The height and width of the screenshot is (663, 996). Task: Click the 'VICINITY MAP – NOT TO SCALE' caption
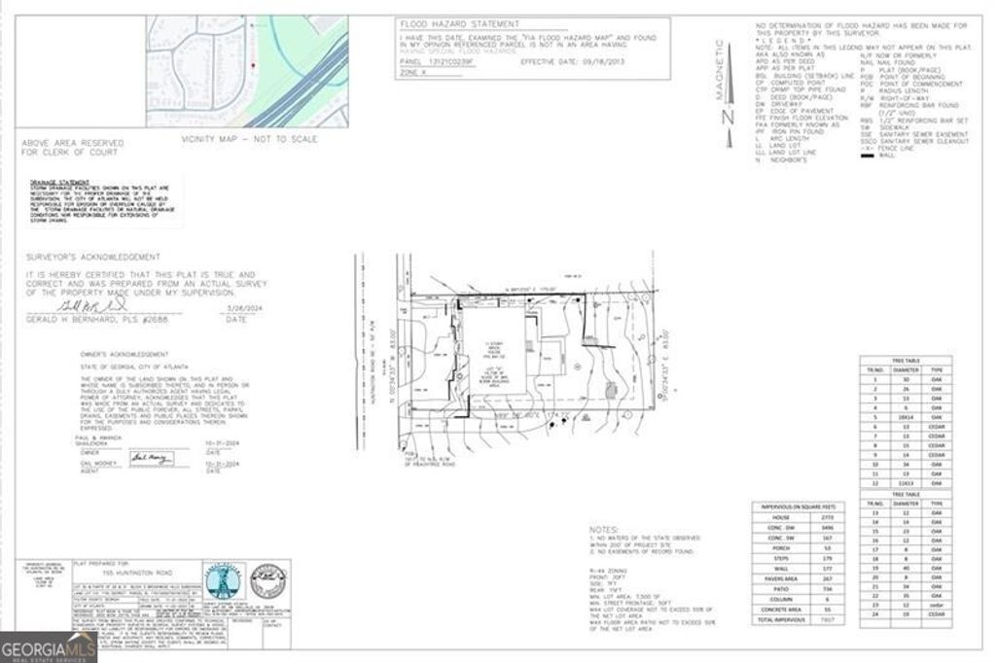click(x=250, y=140)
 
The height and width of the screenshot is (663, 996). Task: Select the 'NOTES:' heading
click(x=604, y=531)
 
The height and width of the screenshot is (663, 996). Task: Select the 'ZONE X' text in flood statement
click(x=415, y=72)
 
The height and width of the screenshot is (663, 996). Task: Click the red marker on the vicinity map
click(x=254, y=64)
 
